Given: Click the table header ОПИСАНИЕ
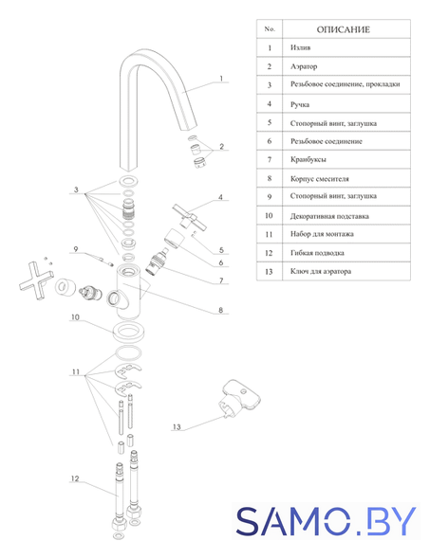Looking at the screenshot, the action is coord(343,29).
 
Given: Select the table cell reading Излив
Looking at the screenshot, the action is coord(300,47).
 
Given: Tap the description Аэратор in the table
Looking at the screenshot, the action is coord(304,66).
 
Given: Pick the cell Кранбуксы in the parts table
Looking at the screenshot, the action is coord(308,160).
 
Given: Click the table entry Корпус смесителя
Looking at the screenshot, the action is coord(319,179).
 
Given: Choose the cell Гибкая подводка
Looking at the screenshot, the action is coord(317,253).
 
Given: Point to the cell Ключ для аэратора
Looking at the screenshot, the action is coord(321,272).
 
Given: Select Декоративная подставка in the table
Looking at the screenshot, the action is coord(329,216).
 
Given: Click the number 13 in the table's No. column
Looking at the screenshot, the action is coord(269,272).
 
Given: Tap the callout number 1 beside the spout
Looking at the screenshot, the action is coord(221,79).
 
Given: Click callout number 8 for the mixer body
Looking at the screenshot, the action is coord(221,310).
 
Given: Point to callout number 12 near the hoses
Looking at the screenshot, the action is coord(75,478).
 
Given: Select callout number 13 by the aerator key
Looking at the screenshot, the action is coord(177,426).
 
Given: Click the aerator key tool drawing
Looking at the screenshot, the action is coord(239,398).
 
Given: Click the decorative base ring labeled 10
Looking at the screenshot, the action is coord(127,332).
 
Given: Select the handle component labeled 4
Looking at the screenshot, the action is coord(189,217).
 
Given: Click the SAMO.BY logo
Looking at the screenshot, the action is coord(326,521).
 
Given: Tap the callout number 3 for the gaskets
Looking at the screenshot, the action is coord(76,189).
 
